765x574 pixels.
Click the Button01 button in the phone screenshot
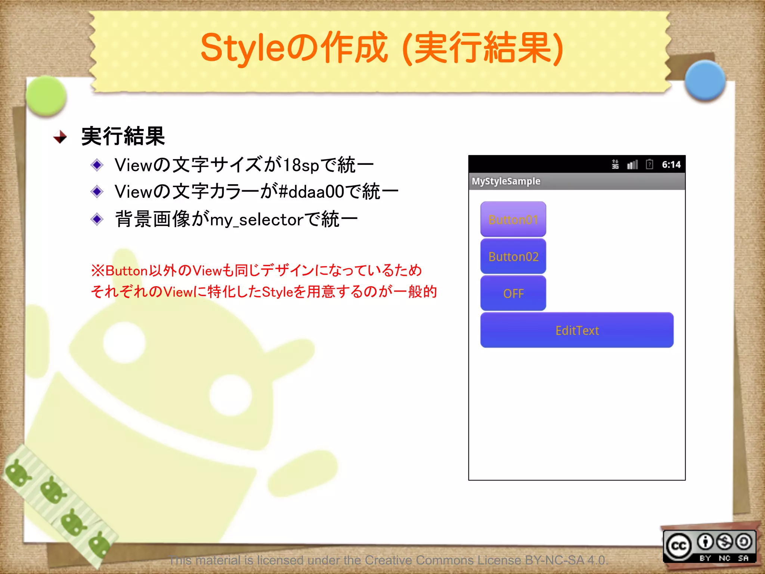(513, 219)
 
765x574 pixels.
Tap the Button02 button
(513, 256)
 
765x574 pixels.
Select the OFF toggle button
(513, 293)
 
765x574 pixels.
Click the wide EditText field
(577, 330)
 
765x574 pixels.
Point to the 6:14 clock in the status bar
(671, 164)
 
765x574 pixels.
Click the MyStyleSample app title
(506, 181)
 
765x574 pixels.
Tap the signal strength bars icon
(632, 164)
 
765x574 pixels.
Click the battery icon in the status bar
(650, 164)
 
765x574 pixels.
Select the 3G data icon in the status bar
(615, 164)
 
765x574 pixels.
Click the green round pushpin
(46, 95)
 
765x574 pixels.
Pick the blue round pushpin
(705, 80)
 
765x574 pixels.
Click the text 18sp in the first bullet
(301, 165)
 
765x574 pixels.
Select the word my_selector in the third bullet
(257, 220)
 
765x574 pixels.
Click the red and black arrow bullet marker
(60, 137)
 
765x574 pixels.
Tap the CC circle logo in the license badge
(679, 546)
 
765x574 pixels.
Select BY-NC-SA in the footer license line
(554, 560)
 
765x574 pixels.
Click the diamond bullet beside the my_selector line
(97, 219)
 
